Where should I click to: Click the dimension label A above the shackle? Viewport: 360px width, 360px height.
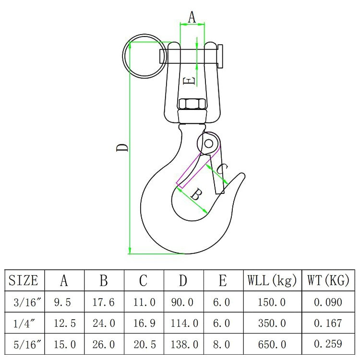click(x=192, y=17)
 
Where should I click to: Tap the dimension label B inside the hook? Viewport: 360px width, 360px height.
click(x=196, y=194)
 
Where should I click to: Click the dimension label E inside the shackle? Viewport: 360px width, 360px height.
click(x=190, y=81)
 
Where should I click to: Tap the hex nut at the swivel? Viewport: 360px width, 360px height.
click(x=192, y=104)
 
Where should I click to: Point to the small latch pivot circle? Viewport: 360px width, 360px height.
click(x=208, y=143)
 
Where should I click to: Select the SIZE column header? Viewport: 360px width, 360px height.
click(x=24, y=280)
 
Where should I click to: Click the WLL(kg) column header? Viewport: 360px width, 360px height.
click(x=272, y=280)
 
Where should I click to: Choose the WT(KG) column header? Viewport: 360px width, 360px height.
click(x=328, y=280)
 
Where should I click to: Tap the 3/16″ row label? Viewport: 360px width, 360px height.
click(x=24, y=302)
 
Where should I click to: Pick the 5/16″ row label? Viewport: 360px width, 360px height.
click(x=24, y=344)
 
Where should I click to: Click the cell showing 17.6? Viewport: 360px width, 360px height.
click(x=104, y=302)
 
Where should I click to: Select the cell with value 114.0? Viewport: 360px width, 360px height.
click(x=184, y=323)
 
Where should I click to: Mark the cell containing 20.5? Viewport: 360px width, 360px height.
click(x=144, y=344)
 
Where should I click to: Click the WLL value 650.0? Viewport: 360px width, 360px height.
click(x=272, y=344)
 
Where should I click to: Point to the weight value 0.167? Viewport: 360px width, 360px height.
click(x=328, y=323)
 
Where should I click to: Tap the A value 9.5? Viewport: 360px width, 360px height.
click(x=64, y=302)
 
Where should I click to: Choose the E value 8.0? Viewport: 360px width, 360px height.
click(x=222, y=344)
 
